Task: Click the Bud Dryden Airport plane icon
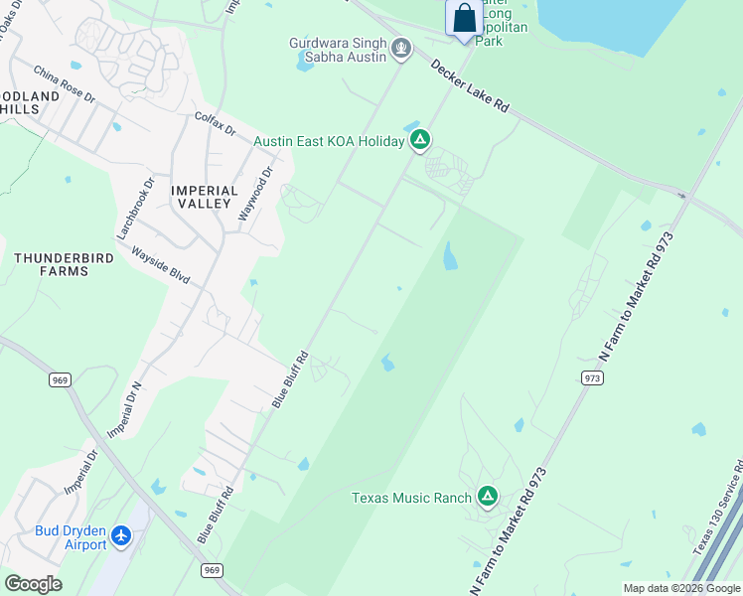(121, 536)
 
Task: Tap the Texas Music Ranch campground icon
(487, 496)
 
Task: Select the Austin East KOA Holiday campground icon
(420, 141)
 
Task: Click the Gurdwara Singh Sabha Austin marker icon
(401, 47)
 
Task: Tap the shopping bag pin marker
(464, 18)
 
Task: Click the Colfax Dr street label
(215, 124)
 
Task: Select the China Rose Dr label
(63, 85)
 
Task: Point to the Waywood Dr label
(255, 195)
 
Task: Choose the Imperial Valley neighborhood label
(205, 197)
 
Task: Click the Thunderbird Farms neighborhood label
(64, 264)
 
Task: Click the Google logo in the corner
(33, 584)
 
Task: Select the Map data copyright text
(681, 589)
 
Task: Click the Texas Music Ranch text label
(412, 498)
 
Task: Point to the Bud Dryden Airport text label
(71, 537)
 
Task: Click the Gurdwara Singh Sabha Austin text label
(337, 50)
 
